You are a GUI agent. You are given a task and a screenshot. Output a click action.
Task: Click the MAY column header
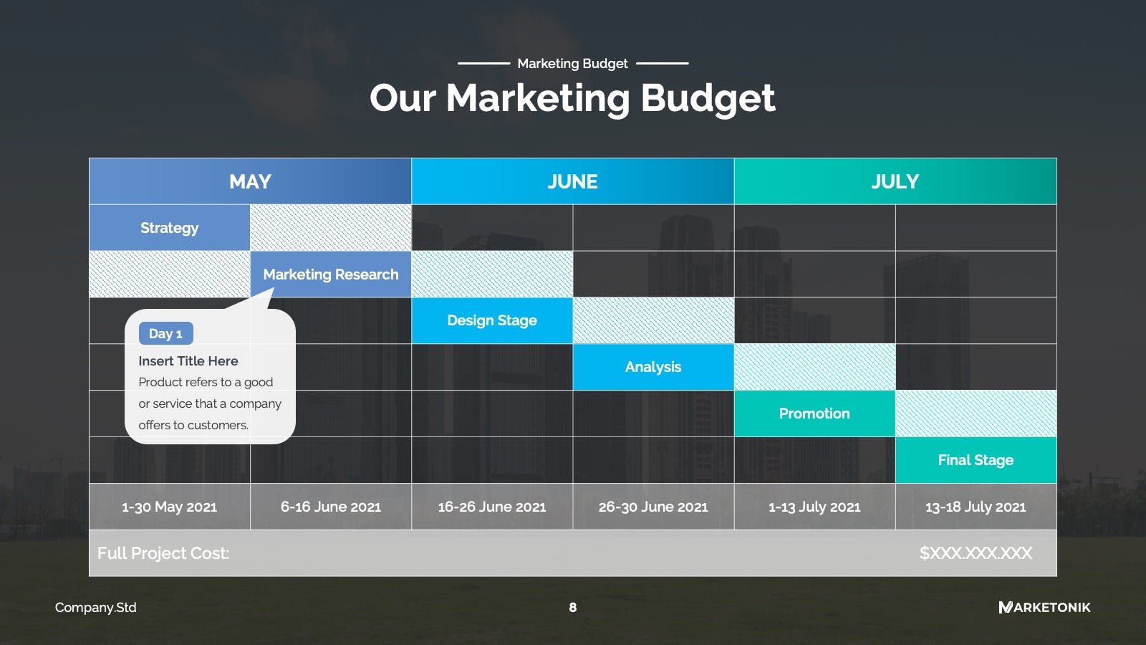(250, 181)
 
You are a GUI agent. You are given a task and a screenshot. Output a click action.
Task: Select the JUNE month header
(572, 181)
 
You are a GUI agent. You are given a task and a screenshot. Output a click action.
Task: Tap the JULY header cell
(895, 181)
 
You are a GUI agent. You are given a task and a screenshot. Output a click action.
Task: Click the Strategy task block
(169, 228)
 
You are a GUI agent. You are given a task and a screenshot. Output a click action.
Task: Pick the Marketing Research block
(330, 274)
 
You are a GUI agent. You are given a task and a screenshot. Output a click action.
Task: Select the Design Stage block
(492, 320)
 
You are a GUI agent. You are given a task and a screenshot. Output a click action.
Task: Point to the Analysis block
(653, 367)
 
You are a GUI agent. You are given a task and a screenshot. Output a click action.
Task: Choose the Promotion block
(814, 414)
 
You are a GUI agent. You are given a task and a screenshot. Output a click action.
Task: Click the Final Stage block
(976, 460)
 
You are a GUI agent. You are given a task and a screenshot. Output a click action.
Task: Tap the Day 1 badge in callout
(165, 334)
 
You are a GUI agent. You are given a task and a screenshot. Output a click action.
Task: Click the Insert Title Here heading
(188, 361)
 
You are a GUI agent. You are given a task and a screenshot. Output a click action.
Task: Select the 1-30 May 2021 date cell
(169, 507)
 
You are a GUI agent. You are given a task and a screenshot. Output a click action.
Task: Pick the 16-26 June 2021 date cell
(492, 507)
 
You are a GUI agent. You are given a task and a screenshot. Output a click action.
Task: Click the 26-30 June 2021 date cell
(653, 507)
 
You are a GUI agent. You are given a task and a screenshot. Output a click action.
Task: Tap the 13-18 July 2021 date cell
(976, 507)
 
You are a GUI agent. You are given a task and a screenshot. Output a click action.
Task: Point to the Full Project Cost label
(163, 553)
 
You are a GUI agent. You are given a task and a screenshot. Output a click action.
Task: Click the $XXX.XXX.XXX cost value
(976, 553)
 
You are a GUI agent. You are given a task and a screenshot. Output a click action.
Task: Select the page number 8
(572, 608)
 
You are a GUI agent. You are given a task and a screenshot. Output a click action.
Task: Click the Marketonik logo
(1045, 608)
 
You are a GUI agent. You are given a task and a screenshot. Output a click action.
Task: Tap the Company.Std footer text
(96, 608)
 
